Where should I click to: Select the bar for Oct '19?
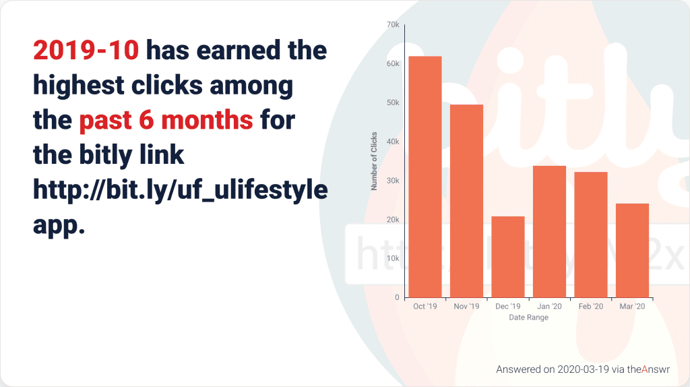(x=425, y=177)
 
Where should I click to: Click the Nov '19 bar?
(x=466, y=201)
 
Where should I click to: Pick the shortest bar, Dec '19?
(x=508, y=257)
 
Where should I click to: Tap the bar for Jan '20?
(x=549, y=231)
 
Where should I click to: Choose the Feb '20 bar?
(x=591, y=235)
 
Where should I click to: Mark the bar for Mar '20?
(x=632, y=251)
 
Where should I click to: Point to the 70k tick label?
(x=393, y=25)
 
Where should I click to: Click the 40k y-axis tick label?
(x=393, y=142)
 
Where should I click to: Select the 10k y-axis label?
(x=393, y=258)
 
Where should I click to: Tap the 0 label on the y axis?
(x=397, y=297)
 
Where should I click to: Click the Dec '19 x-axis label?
(x=508, y=306)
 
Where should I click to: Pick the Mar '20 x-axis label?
(x=632, y=306)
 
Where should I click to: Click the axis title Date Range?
(x=528, y=318)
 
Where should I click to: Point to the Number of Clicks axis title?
(x=374, y=161)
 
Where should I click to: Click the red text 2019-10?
(x=86, y=50)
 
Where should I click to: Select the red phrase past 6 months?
(x=166, y=120)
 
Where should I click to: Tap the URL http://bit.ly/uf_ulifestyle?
(x=181, y=190)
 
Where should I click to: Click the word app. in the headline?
(x=59, y=226)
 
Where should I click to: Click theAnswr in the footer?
(x=648, y=369)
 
